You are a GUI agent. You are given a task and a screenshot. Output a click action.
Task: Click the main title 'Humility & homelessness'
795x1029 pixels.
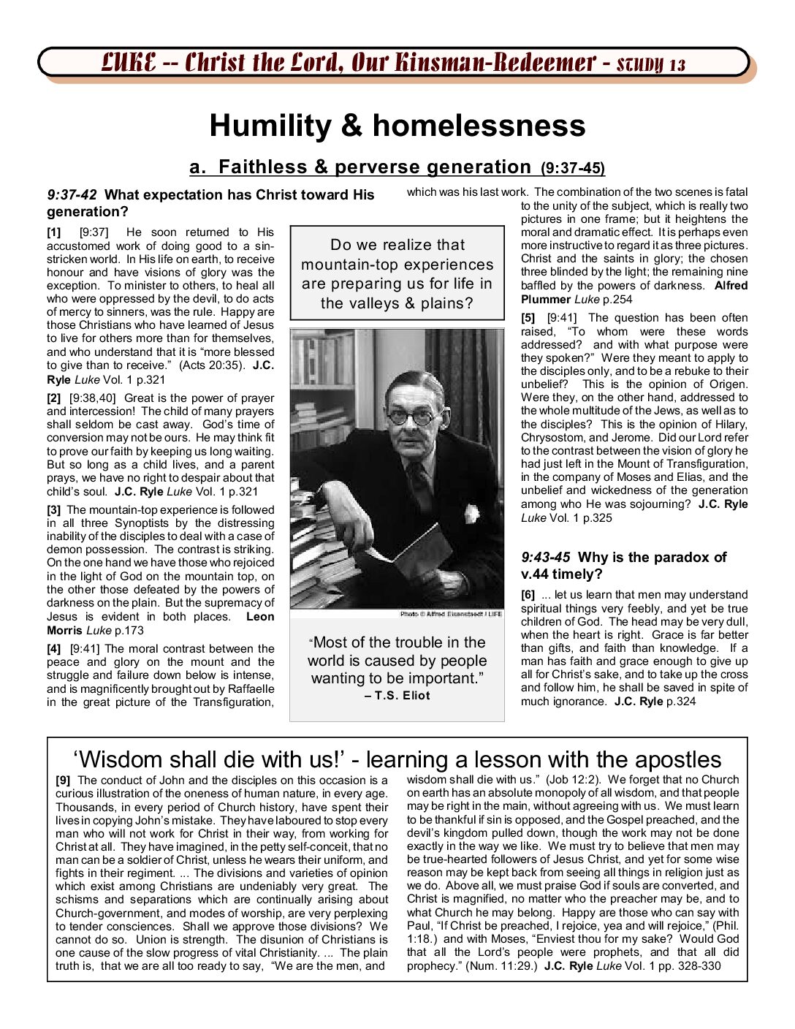[397, 126]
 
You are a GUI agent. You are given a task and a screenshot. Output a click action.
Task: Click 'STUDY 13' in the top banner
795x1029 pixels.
[651, 64]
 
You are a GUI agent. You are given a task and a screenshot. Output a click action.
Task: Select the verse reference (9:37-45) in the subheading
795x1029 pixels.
[573, 169]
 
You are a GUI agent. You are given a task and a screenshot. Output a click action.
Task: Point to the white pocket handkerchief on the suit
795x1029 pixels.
[471, 514]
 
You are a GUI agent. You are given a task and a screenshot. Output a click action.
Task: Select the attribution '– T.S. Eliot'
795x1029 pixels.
[397, 696]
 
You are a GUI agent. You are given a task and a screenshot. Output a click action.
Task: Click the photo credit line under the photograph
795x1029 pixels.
[451, 614]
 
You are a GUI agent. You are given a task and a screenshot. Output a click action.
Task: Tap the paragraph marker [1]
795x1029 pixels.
[54, 232]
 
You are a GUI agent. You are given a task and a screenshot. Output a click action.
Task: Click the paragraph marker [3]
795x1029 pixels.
[54, 510]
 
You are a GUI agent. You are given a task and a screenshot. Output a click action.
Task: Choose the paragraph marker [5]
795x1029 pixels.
[528, 318]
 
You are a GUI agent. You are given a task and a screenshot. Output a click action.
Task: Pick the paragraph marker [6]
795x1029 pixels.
[528, 595]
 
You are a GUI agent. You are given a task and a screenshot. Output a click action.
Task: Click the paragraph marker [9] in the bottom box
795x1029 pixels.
[63, 781]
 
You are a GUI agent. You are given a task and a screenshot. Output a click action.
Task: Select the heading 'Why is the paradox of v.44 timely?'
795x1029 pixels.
[623, 566]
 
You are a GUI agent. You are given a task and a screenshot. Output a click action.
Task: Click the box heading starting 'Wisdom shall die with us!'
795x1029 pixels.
[397, 759]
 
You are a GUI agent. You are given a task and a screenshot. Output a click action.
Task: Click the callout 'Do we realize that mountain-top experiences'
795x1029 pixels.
[397, 273]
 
